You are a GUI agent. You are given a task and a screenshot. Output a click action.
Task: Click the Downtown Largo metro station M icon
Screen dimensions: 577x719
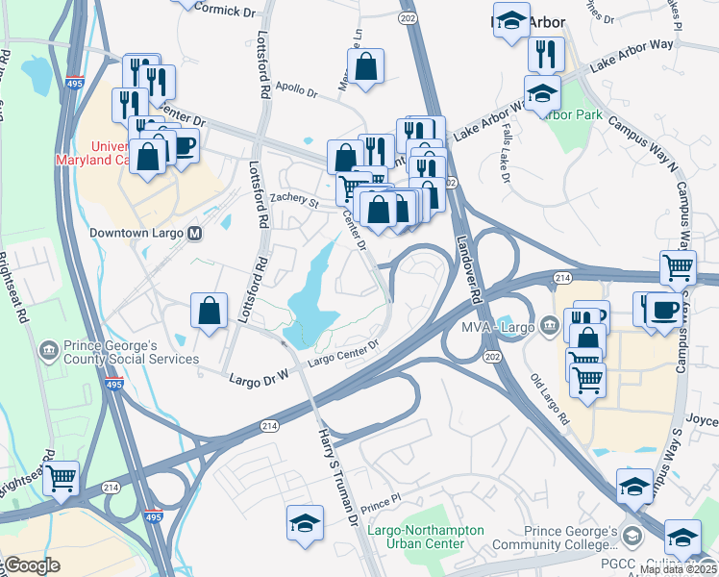tap(195, 233)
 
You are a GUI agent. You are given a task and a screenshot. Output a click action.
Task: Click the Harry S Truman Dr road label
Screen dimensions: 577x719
tap(337, 466)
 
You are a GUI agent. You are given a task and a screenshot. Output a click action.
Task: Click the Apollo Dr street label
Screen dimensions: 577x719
tap(296, 88)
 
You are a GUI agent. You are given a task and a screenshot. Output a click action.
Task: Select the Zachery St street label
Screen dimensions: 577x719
tap(293, 200)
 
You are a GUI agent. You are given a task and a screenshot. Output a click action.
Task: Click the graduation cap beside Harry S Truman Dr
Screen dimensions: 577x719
tap(305, 523)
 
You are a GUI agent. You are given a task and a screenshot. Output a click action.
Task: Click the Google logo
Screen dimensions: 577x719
tap(31, 565)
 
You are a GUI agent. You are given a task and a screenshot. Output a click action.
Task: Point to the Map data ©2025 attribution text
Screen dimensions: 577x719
tap(678, 569)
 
